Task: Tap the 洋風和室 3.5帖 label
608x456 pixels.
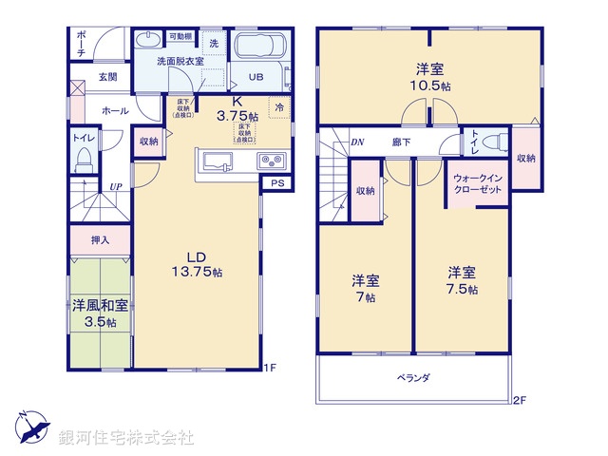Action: click(100, 314)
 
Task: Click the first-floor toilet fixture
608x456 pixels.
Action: click(83, 156)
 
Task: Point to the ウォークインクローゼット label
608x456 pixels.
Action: click(477, 183)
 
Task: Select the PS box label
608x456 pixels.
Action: click(276, 182)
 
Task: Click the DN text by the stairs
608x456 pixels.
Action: click(357, 142)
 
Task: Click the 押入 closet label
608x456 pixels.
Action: click(101, 240)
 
